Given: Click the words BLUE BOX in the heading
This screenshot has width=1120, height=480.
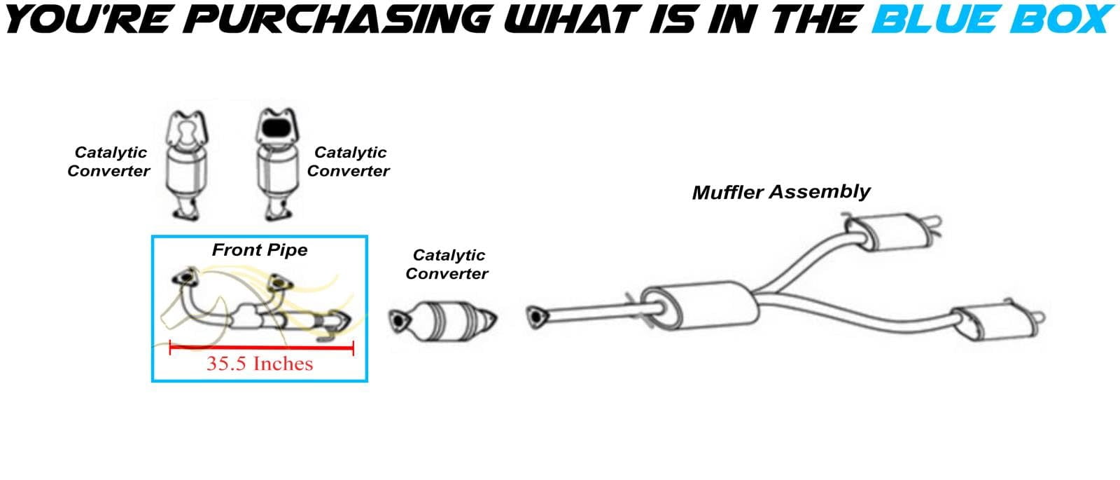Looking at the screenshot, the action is [993, 19].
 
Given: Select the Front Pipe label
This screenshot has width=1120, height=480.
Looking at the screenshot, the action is [260, 249].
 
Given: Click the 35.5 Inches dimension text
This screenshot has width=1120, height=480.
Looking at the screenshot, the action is [260, 364].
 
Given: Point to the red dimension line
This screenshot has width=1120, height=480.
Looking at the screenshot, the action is [262, 348].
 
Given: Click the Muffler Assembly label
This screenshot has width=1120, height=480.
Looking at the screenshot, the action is [781, 192].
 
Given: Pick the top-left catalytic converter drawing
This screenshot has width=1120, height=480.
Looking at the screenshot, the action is [186, 165].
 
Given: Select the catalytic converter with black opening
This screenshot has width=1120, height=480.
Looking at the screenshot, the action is [278, 164].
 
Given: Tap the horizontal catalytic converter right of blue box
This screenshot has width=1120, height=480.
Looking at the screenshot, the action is [443, 321].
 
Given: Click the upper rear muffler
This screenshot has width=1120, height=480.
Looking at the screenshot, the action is [892, 231].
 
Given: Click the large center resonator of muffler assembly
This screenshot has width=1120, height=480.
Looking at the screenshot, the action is [700, 306].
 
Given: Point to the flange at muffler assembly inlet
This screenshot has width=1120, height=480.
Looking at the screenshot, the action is [536, 317].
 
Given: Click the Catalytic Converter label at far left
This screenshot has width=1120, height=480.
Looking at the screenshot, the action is [109, 162].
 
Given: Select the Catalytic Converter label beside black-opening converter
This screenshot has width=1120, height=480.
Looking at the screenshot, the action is [349, 162].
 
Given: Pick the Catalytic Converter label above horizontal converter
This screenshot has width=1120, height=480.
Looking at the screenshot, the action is [447, 264].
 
